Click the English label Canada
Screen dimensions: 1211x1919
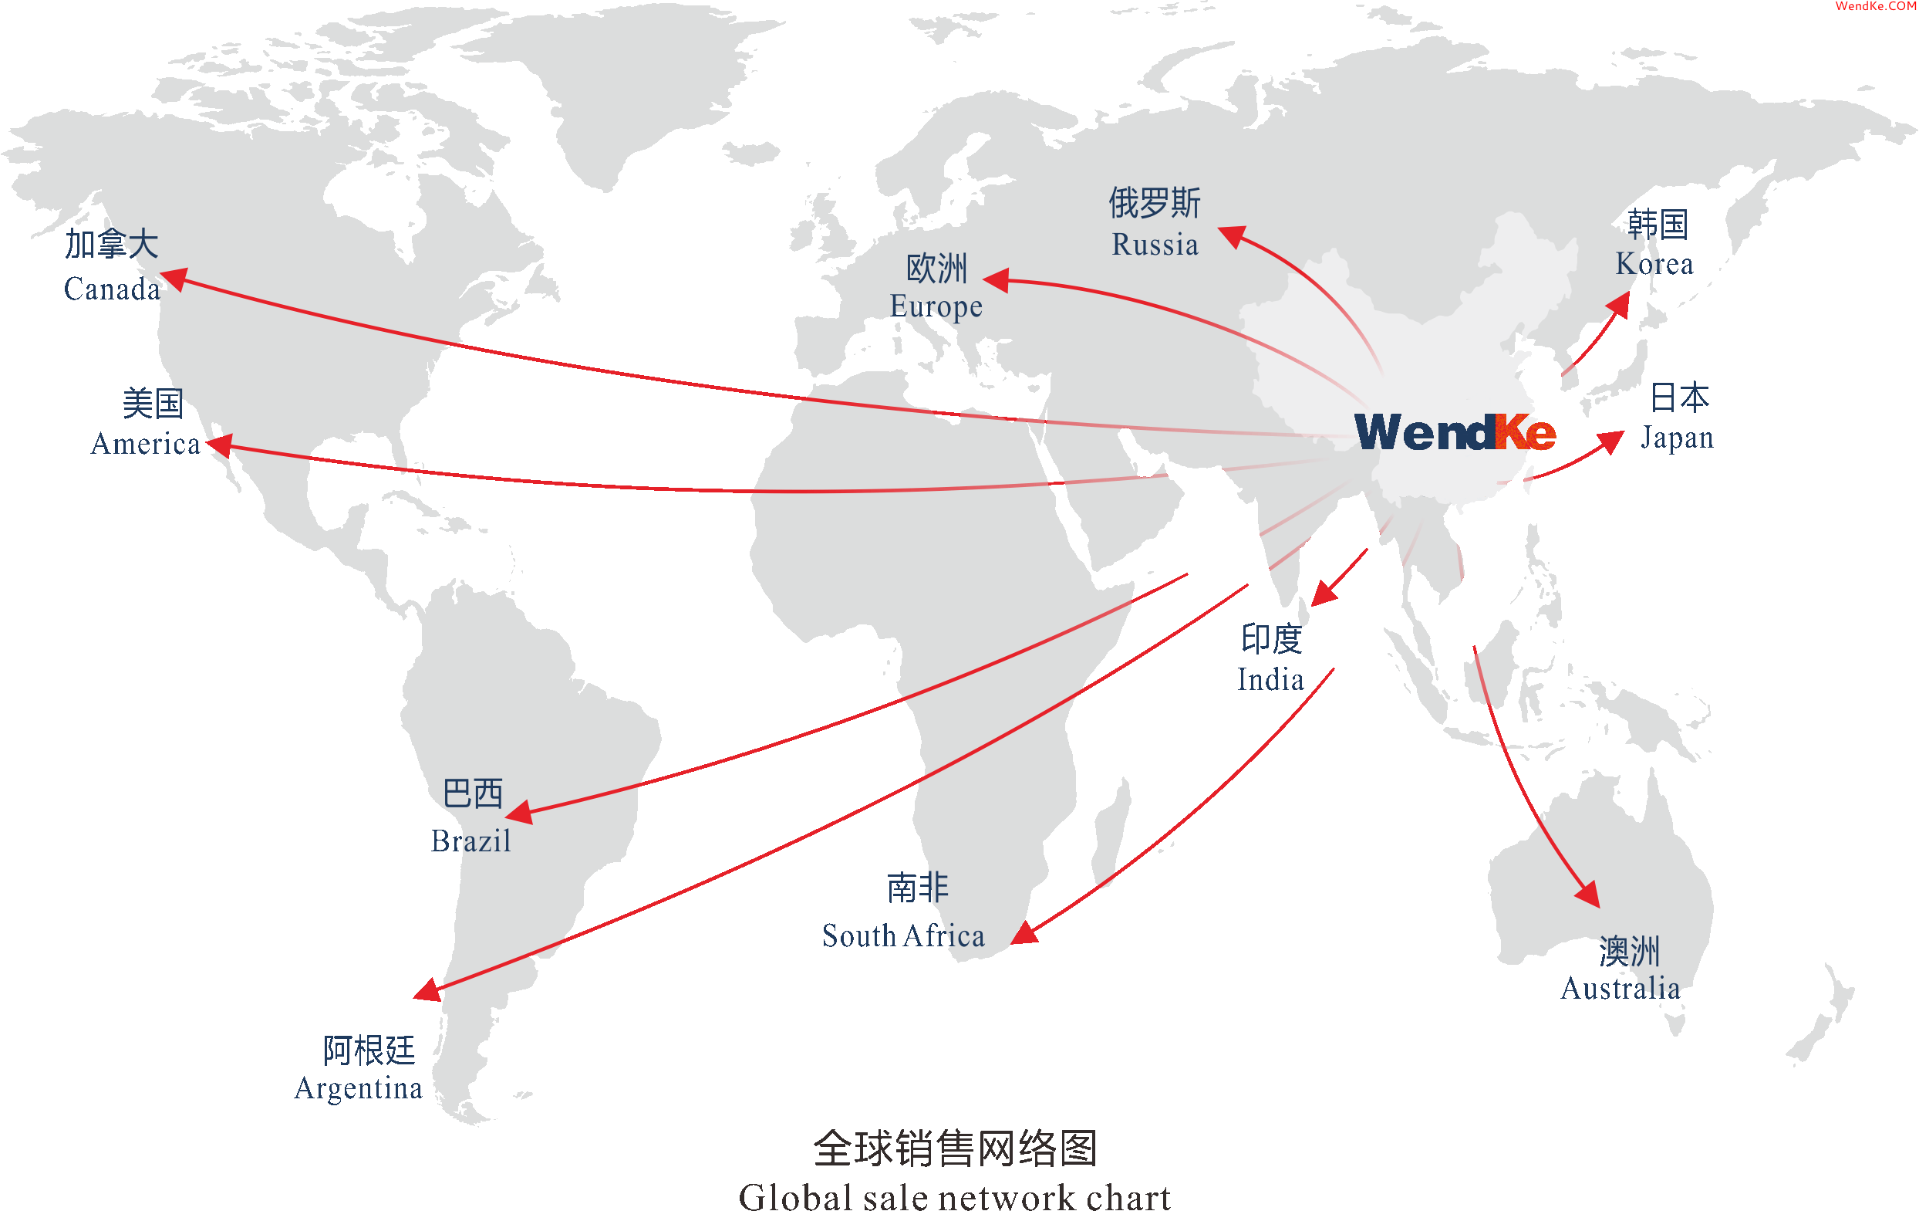[x=112, y=289]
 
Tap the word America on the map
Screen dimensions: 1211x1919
[x=145, y=443]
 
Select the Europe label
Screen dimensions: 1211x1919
[x=936, y=306]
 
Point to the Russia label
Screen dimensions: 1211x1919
[x=1155, y=245]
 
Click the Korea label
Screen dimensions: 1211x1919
[x=1654, y=264]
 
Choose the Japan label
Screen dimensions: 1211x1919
[x=1677, y=438]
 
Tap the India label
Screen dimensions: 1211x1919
[x=1270, y=680]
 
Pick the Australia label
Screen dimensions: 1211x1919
[x=1621, y=989]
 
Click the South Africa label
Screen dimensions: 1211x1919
[x=903, y=936]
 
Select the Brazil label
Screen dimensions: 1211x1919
[x=471, y=841]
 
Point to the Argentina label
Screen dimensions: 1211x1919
[x=359, y=1088]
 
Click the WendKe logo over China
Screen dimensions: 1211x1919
[x=1455, y=433]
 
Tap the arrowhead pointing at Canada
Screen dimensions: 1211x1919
[x=175, y=279]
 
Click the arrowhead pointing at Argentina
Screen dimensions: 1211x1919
[x=428, y=989]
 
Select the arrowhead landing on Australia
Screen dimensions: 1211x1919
[x=1588, y=893]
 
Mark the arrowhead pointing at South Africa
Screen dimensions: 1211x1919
[x=1025, y=932]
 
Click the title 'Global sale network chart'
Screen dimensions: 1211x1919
[x=954, y=1196]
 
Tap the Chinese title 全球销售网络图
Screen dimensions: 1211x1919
[x=955, y=1148]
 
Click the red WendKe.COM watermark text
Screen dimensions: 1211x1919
[x=1876, y=6]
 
